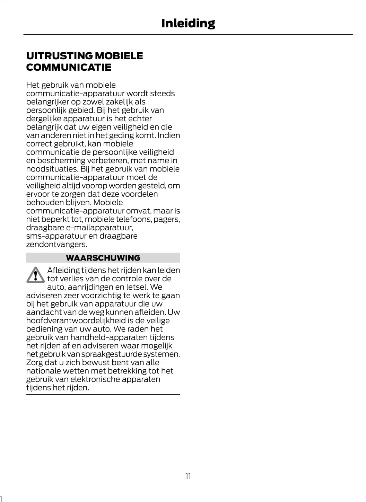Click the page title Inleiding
188,23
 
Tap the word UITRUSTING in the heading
59,56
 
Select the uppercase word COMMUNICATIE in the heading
69,67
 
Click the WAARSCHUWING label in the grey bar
103,258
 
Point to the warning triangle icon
35,275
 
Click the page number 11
188,476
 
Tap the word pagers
167,219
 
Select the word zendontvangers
56,244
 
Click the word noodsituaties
52,169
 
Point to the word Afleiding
63,270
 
